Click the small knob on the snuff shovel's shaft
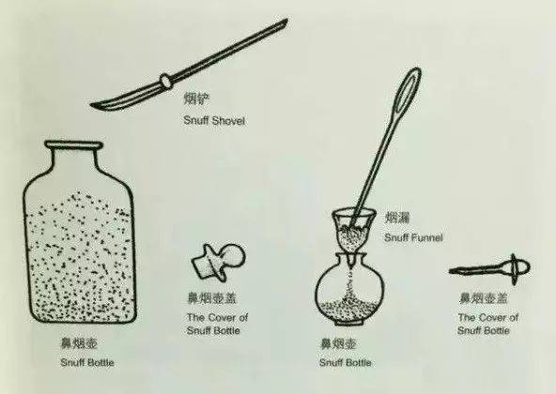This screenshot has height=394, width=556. click(165, 78)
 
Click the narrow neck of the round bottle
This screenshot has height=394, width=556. click(351, 257)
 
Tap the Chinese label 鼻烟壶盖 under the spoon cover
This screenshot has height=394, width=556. click(480, 297)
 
